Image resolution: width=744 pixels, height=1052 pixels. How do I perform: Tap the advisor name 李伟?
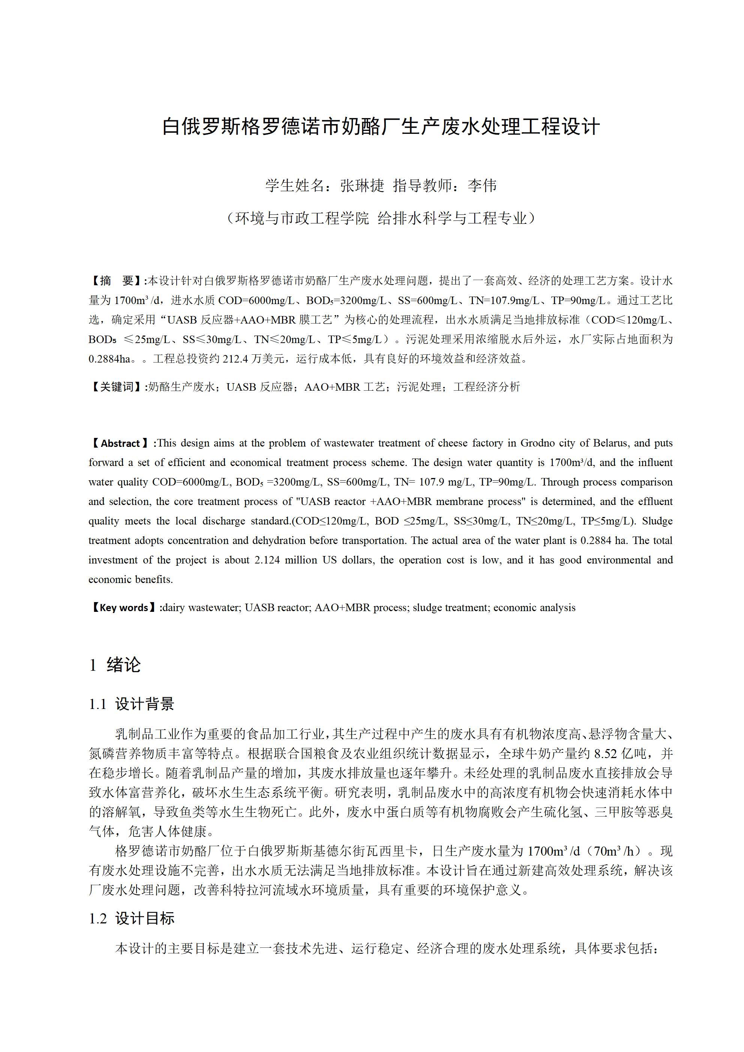click(x=482, y=186)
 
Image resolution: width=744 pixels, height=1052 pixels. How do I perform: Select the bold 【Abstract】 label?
click(x=120, y=444)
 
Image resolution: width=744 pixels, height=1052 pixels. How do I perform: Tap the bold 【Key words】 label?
click(x=124, y=608)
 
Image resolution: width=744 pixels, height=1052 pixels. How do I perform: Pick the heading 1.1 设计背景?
click(x=132, y=704)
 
